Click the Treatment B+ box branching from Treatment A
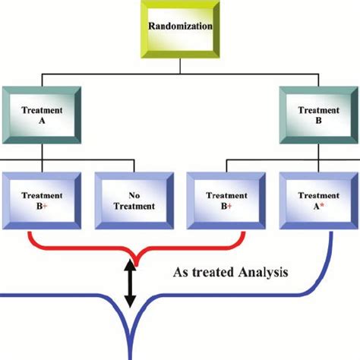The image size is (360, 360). [42, 200]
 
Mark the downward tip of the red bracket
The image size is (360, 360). [130, 258]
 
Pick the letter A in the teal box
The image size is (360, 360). [42, 118]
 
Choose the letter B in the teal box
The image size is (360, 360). [318, 118]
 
